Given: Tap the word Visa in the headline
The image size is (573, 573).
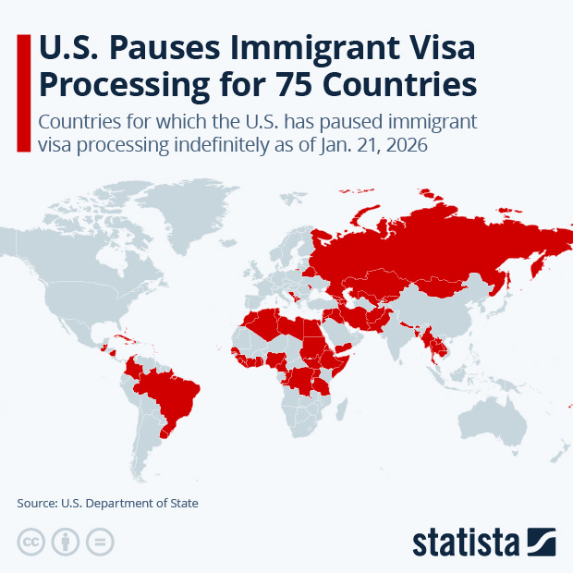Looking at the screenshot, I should click(x=437, y=45).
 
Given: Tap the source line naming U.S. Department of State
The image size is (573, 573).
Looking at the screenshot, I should click(x=107, y=504).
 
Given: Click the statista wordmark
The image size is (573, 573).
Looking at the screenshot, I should click(x=466, y=541).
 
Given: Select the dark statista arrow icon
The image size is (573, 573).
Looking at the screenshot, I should click(x=541, y=541).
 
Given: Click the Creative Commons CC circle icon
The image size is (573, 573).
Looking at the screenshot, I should click(x=31, y=542).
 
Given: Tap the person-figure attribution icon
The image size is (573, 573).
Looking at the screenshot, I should click(x=67, y=542).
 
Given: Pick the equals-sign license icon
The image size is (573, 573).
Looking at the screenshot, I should click(x=101, y=542).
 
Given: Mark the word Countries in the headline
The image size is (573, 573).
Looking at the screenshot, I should click(x=399, y=82).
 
